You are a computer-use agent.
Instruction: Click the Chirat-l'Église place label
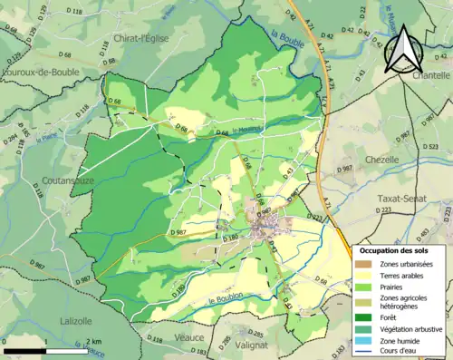143,38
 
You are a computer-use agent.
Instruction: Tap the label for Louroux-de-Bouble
40,71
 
